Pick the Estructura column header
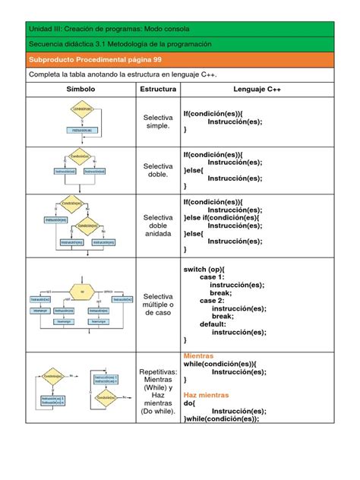(x=157, y=90)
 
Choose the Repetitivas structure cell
(x=158, y=392)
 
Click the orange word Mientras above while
(x=199, y=355)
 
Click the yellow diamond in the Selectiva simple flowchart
(x=81, y=109)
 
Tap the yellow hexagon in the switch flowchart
(x=80, y=290)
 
